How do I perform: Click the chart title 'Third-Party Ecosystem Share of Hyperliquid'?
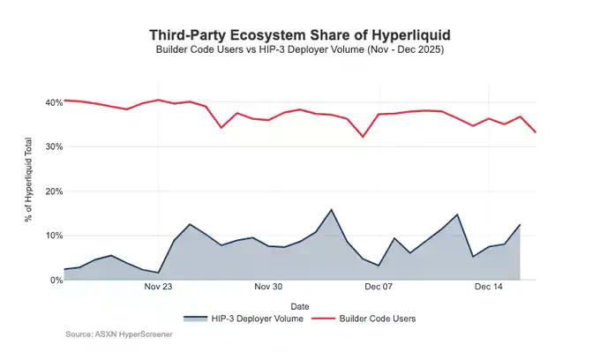[x=300, y=34]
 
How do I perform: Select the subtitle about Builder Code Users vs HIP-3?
[x=300, y=50]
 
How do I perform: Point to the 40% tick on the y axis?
[x=54, y=102]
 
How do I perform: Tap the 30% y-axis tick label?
[x=54, y=146]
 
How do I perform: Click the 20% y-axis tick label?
[x=54, y=191]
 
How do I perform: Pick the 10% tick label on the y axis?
[x=54, y=236]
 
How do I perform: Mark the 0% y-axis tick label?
[x=56, y=280]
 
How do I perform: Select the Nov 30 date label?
[x=268, y=287]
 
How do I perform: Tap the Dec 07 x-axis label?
[x=379, y=287]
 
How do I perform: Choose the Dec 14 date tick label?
[x=489, y=287]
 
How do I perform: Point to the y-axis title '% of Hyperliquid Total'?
[x=29, y=191]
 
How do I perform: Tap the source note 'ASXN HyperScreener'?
[x=119, y=334]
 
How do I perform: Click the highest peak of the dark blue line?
[x=331, y=210]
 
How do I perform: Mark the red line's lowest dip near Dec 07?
[x=363, y=137]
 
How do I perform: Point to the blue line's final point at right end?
[x=520, y=225]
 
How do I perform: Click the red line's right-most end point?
[x=536, y=131]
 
